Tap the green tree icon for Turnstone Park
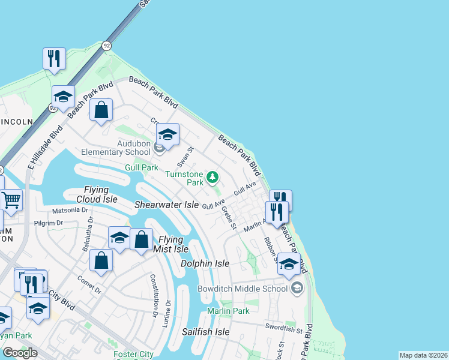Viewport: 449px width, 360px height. click(212, 177)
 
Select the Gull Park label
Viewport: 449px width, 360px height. click(141, 167)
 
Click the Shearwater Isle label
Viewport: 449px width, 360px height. click(166, 205)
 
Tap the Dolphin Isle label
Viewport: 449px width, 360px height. click(205, 263)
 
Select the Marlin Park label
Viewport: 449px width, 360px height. click(228, 311)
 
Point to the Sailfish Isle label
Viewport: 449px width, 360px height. click(206, 331)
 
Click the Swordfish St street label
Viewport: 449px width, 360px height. click(285, 328)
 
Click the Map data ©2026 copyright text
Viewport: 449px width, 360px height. click(423, 355)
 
